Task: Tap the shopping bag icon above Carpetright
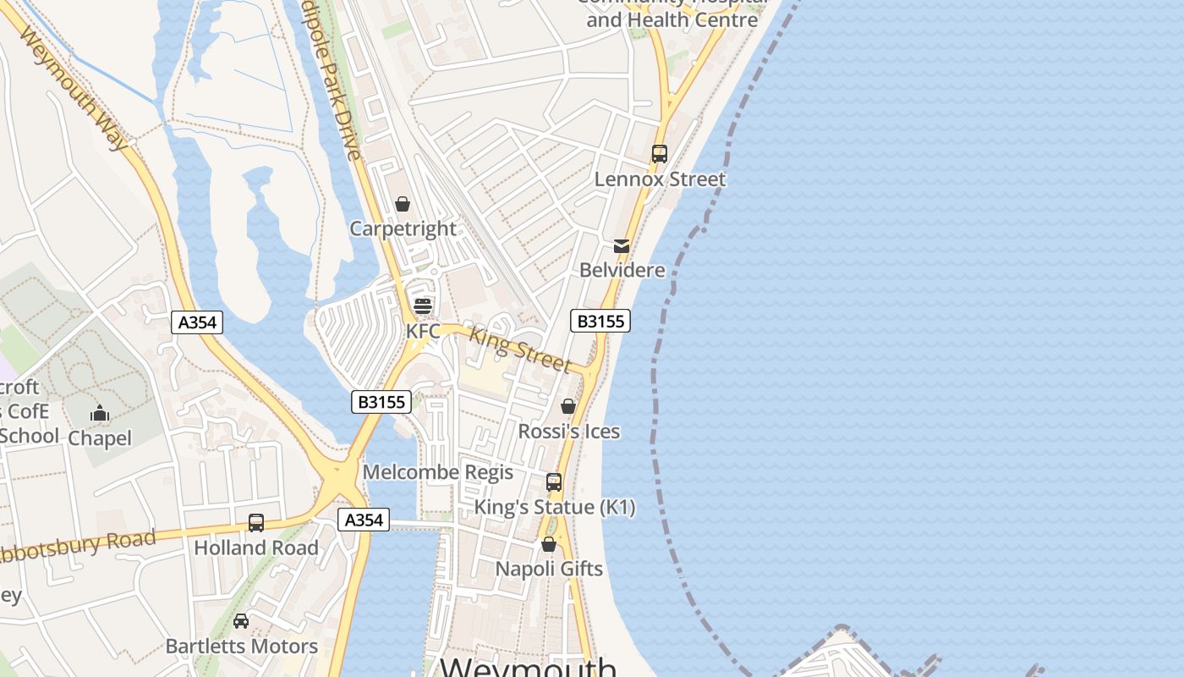tap(403, 204)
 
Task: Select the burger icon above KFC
tap(422, 305)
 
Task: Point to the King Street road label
tap(520, 349)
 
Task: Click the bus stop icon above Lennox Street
tap(660, 154)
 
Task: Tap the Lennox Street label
tap(660, 179)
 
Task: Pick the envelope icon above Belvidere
tap(622, 246)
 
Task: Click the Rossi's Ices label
tap(568, 432)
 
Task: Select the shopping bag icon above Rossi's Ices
tap(568, 407)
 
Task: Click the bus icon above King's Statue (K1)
tap(554, 482)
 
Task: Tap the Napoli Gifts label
tap(549, 569)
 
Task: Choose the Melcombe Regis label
tap(438, 472)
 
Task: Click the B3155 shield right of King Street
tap(600, 321)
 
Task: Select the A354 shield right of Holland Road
tap(364, 520)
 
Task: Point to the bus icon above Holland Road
tap(256, 523)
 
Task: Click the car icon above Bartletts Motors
tap(241, 621)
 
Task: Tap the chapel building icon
tap(100, 414)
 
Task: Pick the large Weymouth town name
tap(529, 666)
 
